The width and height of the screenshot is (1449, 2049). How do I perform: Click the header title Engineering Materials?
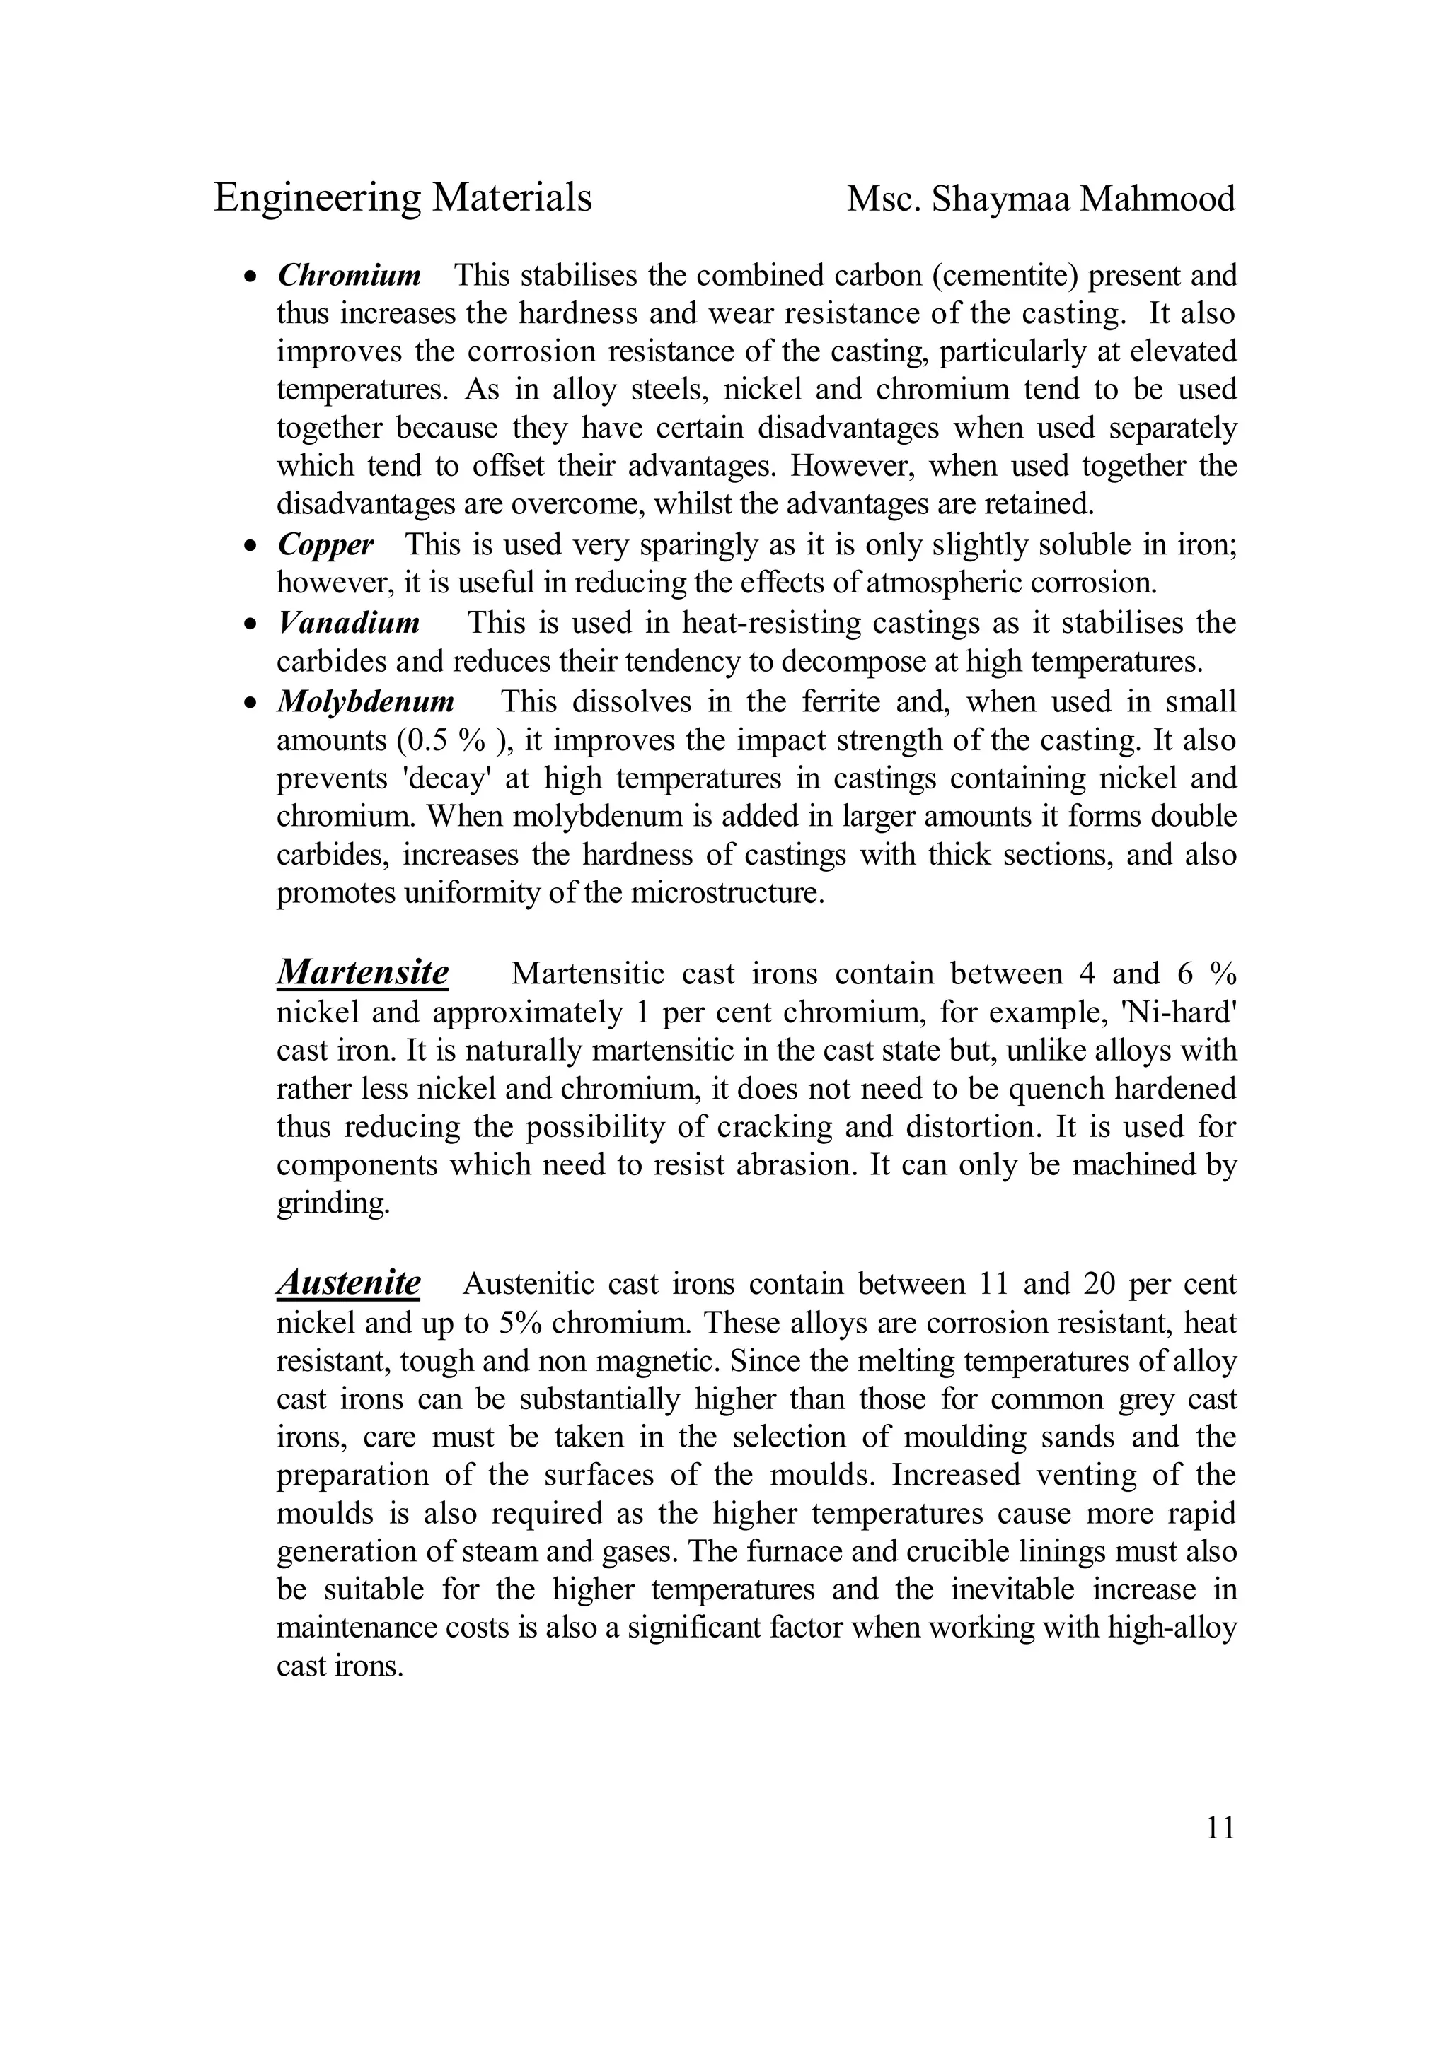[403, 198]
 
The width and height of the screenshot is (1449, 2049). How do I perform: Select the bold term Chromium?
[349, 276]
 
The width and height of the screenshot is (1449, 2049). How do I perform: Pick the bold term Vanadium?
[348, 622]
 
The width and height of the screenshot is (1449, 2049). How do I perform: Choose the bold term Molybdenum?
[365, 701]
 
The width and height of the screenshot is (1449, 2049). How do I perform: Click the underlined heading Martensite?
[362, 972]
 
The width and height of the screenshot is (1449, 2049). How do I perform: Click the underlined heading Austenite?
[348, 1283]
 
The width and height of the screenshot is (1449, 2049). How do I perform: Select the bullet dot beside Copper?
[252, 545]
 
